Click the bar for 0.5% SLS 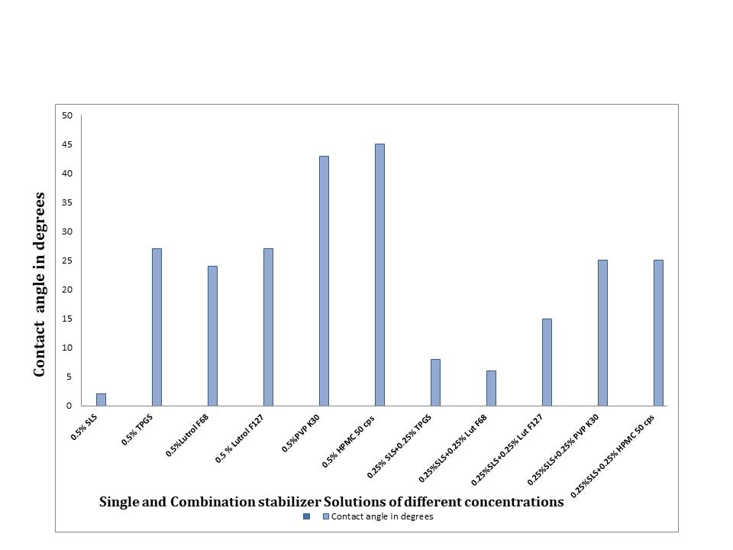pos(101,400)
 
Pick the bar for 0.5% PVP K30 pos(324,280)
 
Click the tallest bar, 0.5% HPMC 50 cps pos(379,275)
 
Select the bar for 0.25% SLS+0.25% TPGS pos(435,382)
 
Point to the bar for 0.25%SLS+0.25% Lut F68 pos(491,388)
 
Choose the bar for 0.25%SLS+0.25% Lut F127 pos(547,362)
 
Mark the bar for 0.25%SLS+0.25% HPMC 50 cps pos(658,333)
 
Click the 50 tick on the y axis pos(67,115)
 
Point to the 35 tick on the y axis pos(67,202)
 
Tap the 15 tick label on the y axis pos(67,319)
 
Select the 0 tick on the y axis pos(69,406)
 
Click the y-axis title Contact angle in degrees pos(40,284)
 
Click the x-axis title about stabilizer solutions pos(331,502)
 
